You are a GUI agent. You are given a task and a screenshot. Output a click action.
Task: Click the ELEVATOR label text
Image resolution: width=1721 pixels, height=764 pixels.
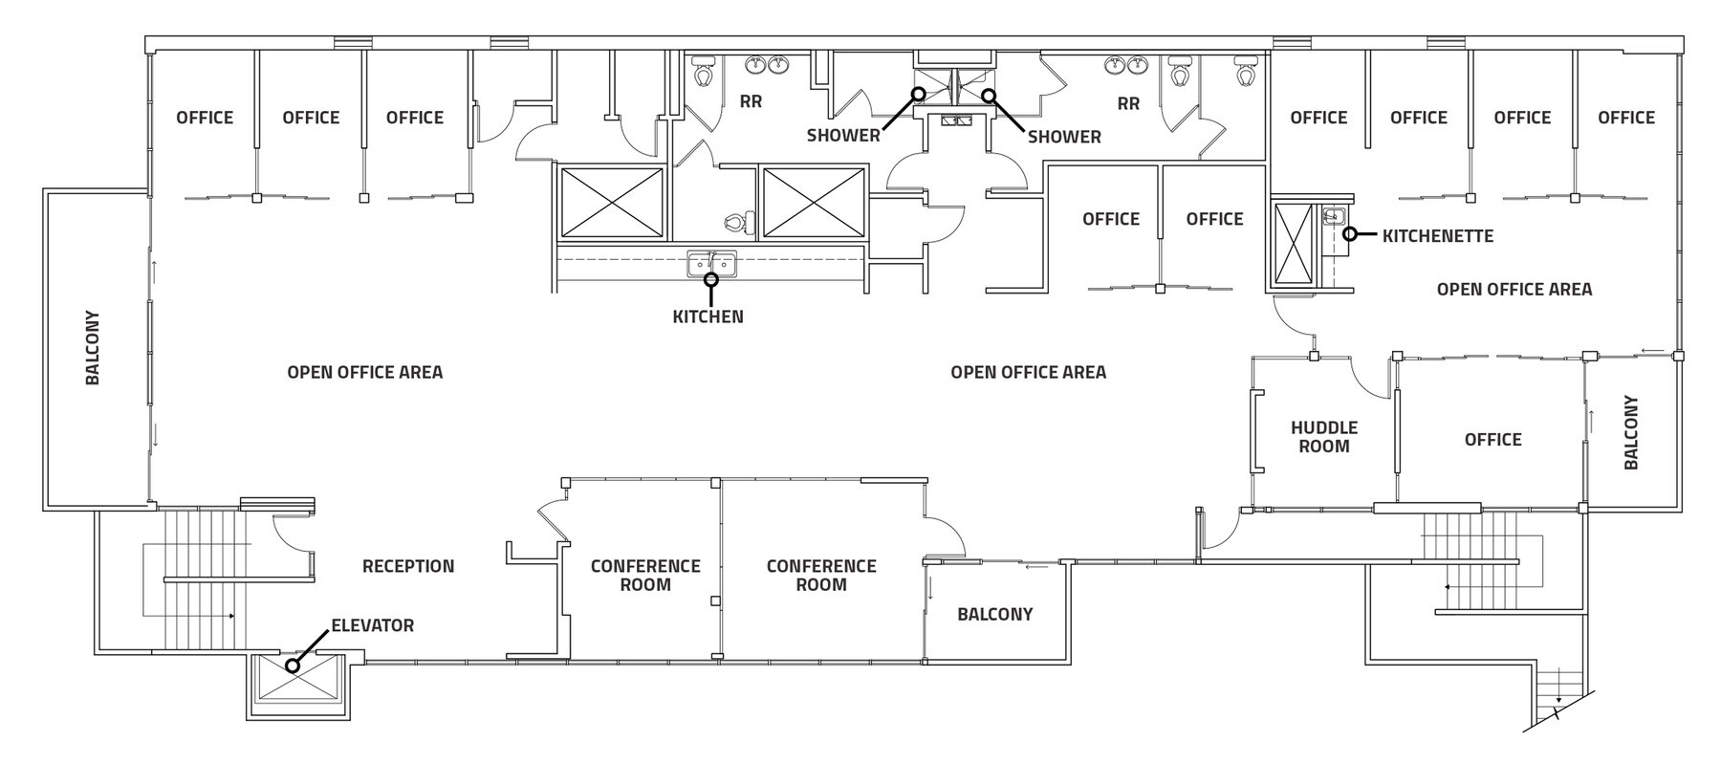(x=372, y=625)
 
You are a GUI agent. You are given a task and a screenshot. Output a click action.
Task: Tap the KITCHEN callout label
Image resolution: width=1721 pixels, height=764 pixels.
(x=708, y=317)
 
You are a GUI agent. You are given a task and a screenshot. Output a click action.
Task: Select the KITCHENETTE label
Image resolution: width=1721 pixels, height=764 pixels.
(x=1437, y=235)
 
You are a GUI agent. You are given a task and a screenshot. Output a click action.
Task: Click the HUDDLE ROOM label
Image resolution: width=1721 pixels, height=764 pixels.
(x=1323, y=437)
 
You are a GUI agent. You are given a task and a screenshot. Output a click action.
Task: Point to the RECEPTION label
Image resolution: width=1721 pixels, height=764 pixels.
(x=408, y=566)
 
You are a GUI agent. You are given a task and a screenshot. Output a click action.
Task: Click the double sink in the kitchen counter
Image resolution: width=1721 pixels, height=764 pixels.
(x=711, y=263)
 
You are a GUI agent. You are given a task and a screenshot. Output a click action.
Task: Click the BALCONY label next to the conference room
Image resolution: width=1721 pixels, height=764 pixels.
(x=994, y=614)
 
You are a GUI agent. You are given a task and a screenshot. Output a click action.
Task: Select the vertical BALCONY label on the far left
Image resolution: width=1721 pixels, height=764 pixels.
(x=93, y=347)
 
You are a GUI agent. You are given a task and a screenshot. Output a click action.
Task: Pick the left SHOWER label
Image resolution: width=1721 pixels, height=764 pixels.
(x=842, y=136)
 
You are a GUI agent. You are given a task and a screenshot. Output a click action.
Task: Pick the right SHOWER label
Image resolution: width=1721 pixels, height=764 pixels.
(x=1064, y=137)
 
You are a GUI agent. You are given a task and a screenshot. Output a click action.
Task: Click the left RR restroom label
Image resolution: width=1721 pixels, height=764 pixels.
(x=751, y=101)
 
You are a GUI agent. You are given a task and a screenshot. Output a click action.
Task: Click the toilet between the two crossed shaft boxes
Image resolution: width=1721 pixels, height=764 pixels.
(x=739, y=223)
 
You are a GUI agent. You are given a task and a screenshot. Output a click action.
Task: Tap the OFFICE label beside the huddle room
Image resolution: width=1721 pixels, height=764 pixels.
(x=1492, y=439)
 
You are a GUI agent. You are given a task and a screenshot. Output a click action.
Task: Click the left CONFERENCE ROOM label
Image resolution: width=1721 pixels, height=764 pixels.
(x=645, y=575)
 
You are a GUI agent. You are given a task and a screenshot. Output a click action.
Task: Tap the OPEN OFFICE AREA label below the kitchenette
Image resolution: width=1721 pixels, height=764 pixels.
(x=1514, y=289)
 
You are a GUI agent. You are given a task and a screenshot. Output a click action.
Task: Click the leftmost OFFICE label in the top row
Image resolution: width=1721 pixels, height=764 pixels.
(x=205, y=118)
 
